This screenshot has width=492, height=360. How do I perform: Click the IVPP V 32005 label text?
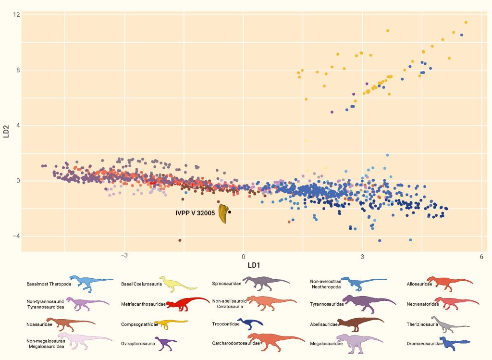pyautogui.click(x=195, y=213)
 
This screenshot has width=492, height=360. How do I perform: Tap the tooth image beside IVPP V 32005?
pyautogui.click(x=223, y=213)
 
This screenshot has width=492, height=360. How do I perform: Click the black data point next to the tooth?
pyautogui.click(x=230, y=212)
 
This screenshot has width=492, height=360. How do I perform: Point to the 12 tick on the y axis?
pyautogui.click(x=16, y=15)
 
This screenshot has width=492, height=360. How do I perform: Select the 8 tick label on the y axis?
pyautogui.click(x=18, y=70)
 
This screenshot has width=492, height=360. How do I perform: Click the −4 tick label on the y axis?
pyautogui.click(x=16, y=236)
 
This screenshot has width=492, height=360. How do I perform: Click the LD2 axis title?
pyautogui.click(x=7, y=130)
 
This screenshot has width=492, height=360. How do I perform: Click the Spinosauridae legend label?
pyautogui.click(x=226, y=284)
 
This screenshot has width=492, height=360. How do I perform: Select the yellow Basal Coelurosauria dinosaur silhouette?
pyautogui.click(x=177, y=283)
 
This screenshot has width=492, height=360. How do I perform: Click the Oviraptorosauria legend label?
pyautogui.click(x=138, y=344)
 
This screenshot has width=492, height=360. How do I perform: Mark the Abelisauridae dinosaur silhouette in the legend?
pyautogui.click(x=360, y=324)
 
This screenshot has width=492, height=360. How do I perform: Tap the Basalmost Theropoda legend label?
pyautogui.click(x=49, y=284)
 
